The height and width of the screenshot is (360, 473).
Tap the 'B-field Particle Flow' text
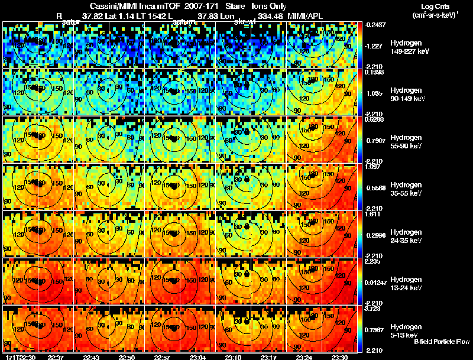[x=441, y=342]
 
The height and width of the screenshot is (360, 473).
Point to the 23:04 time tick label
[x=198, y=357]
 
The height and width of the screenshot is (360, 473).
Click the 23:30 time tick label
[x=340, y=357]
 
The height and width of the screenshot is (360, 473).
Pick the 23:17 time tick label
[x=270, y=357]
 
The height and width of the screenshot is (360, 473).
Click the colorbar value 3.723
[x=373, y=309]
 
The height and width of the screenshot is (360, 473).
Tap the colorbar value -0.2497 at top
[x=375, y=25]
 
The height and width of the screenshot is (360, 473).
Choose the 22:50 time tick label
[x=127, y=357]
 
